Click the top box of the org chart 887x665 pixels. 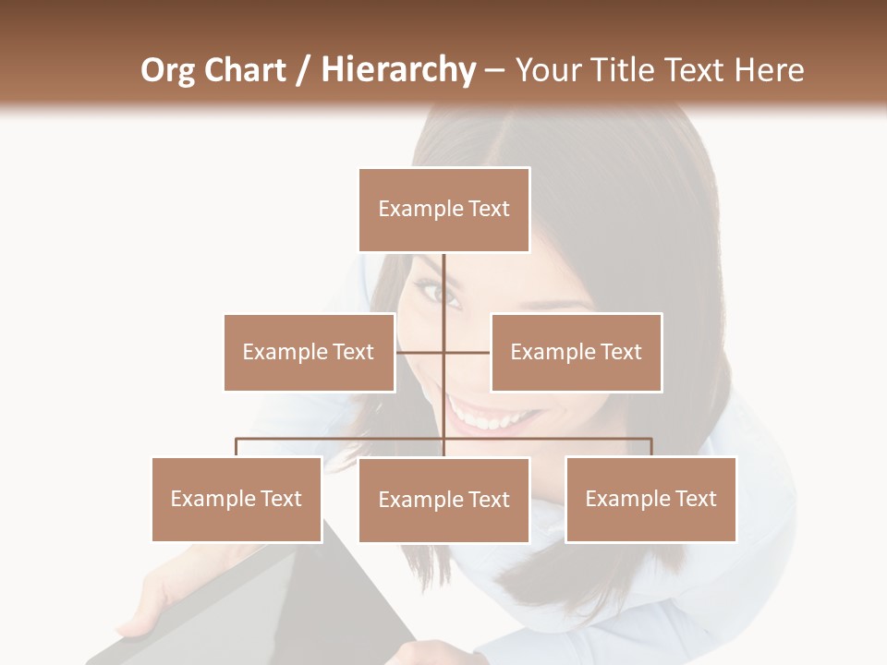click(x=443, y=210)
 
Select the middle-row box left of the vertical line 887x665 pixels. click(x=309, y=352)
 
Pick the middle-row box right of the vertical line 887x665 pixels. click(x=576, y=352)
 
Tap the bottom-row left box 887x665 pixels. click(x=237, y=499)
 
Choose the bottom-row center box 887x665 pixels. click(x=443, y=500)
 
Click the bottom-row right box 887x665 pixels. click(x=650, y=499)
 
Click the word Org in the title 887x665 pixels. click(x=169, y=70)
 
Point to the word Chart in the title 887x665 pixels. click(x=244, y=70)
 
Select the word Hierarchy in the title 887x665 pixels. click(x=397, y=70)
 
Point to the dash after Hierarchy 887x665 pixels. click(x=494, y=70)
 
